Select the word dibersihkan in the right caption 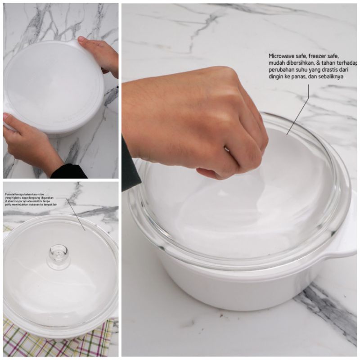click(300, 63)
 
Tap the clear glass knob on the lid click(59, 255)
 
